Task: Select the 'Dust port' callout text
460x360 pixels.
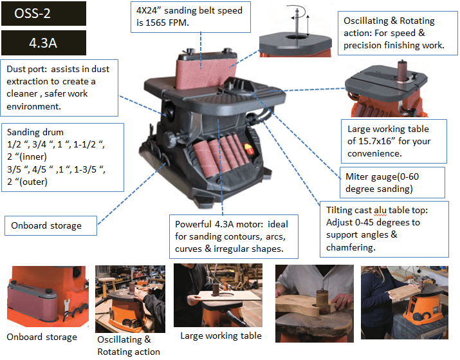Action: pyautogui.click(x=59, y=88)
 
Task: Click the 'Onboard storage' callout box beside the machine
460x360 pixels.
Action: pyautogui.click(x=51, y=226)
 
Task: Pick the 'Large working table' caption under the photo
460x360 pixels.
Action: pyautogui.click(x=221, y=336)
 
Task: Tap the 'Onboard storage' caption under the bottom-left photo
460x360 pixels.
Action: pyautogui.click(x=42, y=337)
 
